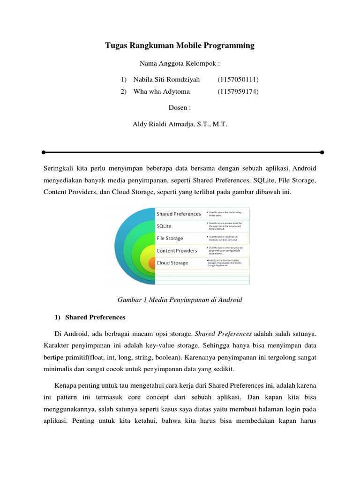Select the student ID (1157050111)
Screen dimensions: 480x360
[x=238, y=79]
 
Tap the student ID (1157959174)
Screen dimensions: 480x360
[x=238, y=91]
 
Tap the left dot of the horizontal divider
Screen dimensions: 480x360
[x=43, y=152]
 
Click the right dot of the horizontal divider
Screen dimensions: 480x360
[x=322, y=152]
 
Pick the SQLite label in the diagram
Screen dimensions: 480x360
[x=165, y=226]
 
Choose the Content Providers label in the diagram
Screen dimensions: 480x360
[x=177, y=250]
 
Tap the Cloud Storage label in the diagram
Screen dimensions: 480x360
[x=172, y=263]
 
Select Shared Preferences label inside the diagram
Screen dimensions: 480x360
[x=179, y=214]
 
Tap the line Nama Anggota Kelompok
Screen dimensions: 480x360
[x=180, y=63]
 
